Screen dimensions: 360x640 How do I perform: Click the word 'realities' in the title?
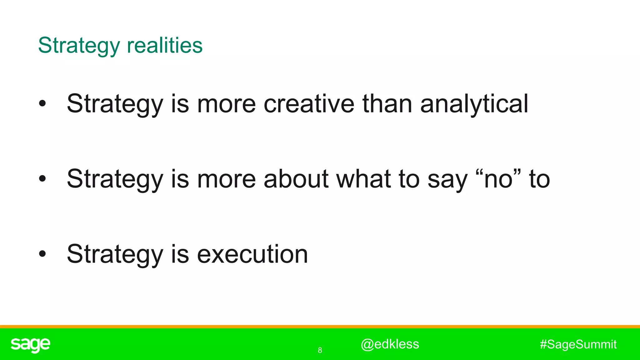[x=165, y=45]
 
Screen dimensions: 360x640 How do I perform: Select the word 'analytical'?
[x=474, y=104]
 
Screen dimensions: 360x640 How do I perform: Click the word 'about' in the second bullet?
[x=296, y=179]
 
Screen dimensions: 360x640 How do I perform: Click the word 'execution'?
[x=252, y=254]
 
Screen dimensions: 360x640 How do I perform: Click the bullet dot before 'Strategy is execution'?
[x=42, y=254]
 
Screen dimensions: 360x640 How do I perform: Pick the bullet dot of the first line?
[x=42, y=104]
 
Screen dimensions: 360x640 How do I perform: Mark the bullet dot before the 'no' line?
[x=42, y=179]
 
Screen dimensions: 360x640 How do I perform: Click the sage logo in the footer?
[x=30, y=345]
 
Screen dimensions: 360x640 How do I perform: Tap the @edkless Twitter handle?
[x=390, y=344]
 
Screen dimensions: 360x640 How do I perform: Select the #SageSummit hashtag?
[x=578, y=344]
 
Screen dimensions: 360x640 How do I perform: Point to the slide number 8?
[x=320, y=350]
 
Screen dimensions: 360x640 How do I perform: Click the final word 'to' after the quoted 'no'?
[x=539, y=179]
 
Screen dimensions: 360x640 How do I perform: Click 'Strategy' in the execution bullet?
[x=115, y=255]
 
